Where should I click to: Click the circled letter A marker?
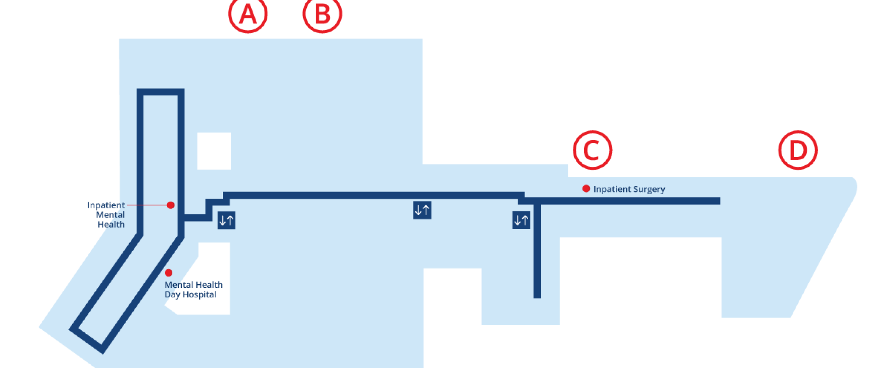coord(248,15)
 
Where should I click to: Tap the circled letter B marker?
coord(322,15)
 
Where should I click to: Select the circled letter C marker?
coord(592,150)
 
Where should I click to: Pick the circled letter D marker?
coord(798,150)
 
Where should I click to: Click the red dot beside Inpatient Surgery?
coord(586,189)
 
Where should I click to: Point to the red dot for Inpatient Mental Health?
coord(171,205)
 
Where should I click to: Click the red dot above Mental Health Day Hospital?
coord(169,273)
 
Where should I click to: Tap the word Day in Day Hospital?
coord(172,295)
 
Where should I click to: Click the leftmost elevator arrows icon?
coord(226,220)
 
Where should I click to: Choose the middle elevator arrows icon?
coord(422,210)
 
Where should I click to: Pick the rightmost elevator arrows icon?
coord(521,220)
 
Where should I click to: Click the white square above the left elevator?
coord(214,151)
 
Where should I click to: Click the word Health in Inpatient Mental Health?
coord(111,224)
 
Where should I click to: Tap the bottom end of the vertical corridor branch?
coord(537,295)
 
